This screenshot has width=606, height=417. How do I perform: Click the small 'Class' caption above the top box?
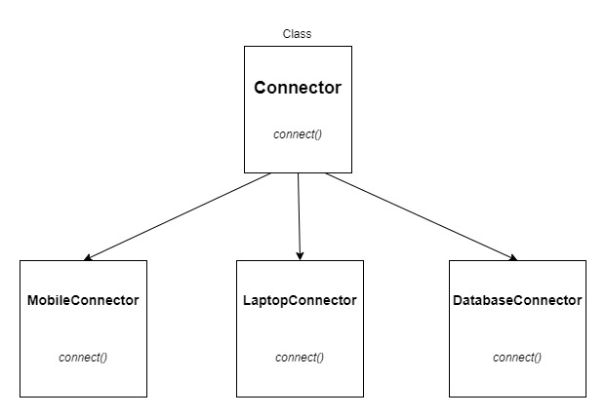297,34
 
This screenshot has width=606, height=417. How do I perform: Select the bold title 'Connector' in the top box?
298,88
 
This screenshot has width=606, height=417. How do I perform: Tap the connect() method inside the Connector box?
298,133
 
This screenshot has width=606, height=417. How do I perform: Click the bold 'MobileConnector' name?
83,300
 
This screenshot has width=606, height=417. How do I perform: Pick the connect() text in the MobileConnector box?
83,357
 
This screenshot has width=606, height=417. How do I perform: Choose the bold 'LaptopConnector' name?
300,300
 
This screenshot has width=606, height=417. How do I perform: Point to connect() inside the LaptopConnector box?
300,357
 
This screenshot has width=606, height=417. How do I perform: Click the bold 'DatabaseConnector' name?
517,300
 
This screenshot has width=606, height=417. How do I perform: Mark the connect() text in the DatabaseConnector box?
517,357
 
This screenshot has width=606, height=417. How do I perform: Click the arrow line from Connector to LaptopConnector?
299,214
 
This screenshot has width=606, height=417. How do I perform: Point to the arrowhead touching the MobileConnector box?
88,258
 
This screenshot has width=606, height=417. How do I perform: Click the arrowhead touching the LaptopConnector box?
300,255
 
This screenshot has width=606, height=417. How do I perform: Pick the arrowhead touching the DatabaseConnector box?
512,258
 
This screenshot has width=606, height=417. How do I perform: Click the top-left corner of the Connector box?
244,46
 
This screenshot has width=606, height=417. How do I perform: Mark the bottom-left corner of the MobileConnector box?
20,397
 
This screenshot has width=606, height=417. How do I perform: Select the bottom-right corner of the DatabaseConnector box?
586,397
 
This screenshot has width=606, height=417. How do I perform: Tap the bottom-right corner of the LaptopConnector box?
363,397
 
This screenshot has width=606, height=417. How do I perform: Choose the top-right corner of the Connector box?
351,46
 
